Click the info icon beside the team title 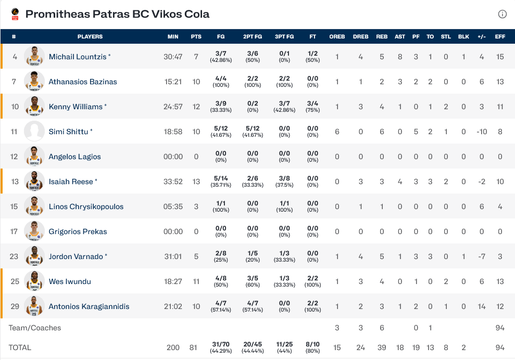[x=502, y=14]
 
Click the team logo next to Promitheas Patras [x=15, y=14]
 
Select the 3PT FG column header [x=284, y=37]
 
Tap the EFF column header [x=500, y=37]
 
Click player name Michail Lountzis [x=78, y=57]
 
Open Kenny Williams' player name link [x=76, y=107]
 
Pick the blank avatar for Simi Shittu [x=34, y=132]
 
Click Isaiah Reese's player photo [x=34, y=182]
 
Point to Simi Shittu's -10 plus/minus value [x=482, y=132]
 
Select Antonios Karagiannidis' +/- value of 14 [x=482, y=306]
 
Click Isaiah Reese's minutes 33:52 [x=173, y=182]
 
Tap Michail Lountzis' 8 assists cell [x=400, y=57]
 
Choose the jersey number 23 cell [x=15, y=256]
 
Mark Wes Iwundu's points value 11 [x=196, y=281]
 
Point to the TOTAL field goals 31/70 [x=221, y=345]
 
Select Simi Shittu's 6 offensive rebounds [x=337, y=132]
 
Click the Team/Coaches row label [x=35, y=328]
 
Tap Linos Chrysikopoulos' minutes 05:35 [x=173, y=207]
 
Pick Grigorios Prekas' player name [x=78, y=232]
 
